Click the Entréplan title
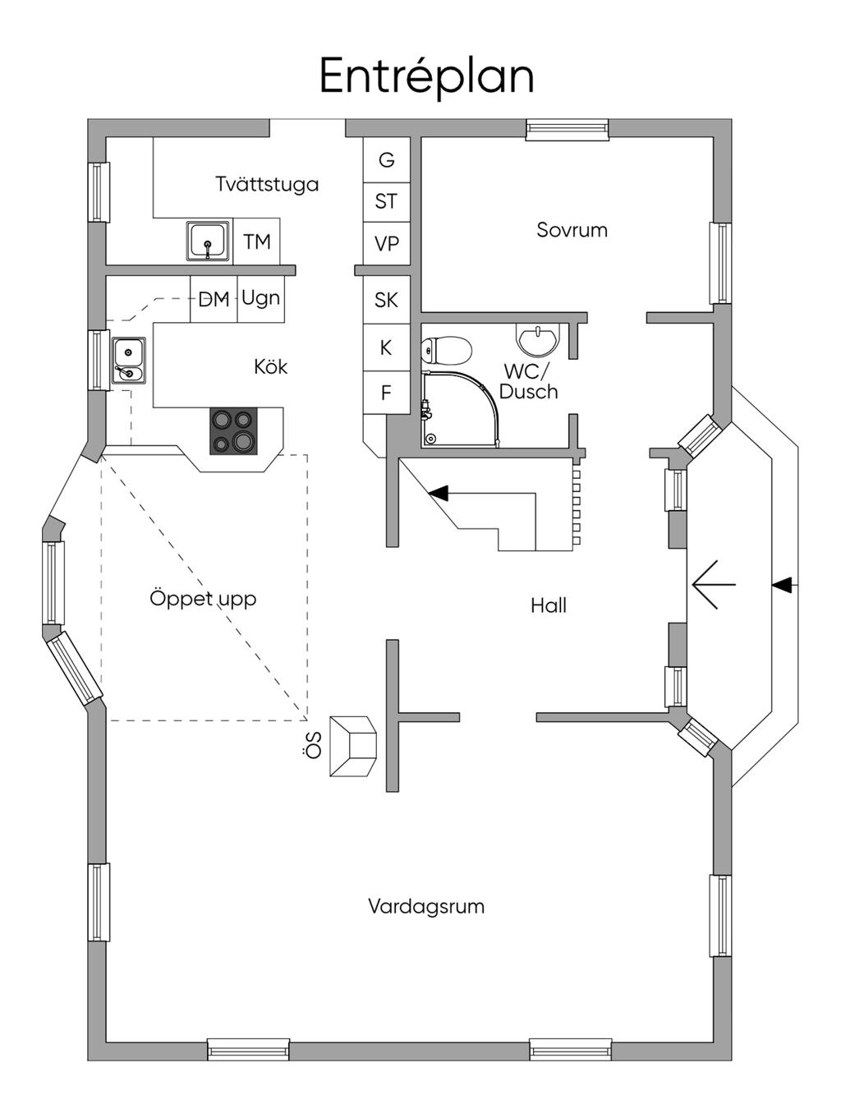tap(426, 76)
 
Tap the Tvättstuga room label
tap(267, 184)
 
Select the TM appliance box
tap(257, 242)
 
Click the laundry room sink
tap(208, 242)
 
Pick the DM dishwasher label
tap(214, 299)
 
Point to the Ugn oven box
tap(261, 298)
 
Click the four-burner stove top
tap(232, 431)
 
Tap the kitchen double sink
tap(128, 361)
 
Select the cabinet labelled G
tap(386, 160)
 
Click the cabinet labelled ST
tap(386, 201)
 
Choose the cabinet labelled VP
tap(386, 244)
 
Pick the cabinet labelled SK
tap(386, 300)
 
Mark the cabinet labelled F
tap(386, 393)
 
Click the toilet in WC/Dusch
tap(446, 351)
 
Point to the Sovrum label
tap(572, 230)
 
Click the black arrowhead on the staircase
tap(439, 493)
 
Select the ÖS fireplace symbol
tap(353, 746)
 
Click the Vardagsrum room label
tap(425, 907)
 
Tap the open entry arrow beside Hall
tap(712, 585)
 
